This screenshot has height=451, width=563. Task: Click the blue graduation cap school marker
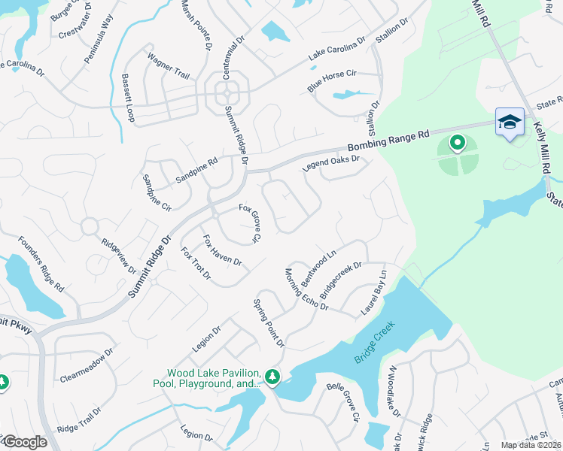pos(510,122)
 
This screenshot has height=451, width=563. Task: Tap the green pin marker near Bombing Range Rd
pos(457,142)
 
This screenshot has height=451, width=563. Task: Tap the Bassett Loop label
pos(128,98)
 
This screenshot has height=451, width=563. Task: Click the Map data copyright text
pos(530,445)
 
